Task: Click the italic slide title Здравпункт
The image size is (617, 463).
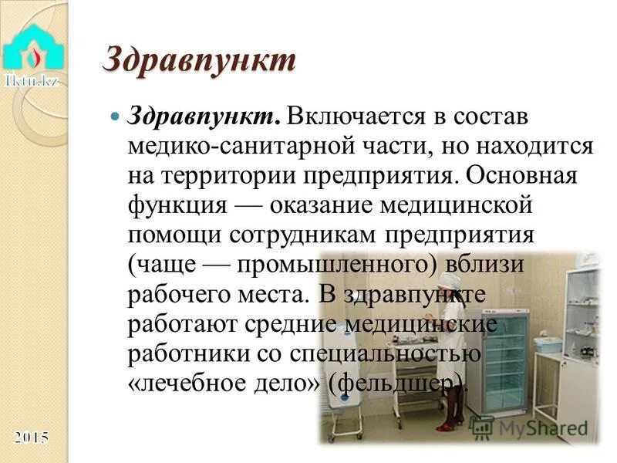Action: (x=199, y=61)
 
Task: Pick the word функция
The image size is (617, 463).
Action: (x=176, y=205)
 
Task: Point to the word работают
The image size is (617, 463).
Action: (x=184, y=325)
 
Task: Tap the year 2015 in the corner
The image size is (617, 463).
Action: (x=32, y=438)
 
